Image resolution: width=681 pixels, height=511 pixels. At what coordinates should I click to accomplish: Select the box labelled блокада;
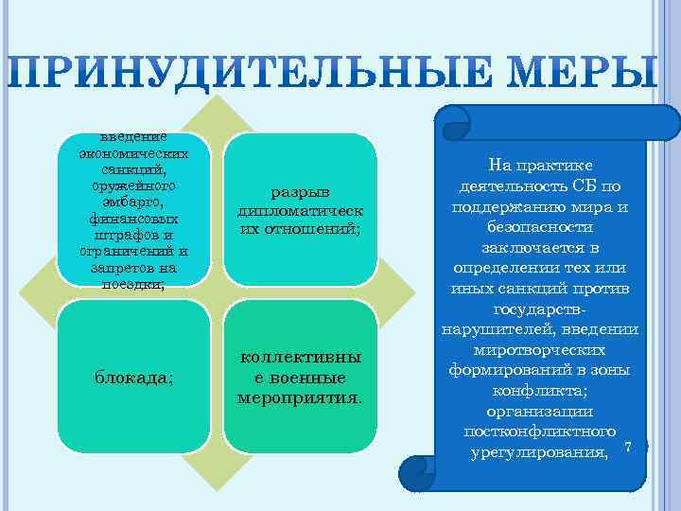133,376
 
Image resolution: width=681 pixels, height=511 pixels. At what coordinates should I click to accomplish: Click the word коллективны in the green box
301,358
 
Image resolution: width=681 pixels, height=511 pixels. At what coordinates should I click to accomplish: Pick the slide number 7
626,446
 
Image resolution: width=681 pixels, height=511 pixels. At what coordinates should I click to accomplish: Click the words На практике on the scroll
541,164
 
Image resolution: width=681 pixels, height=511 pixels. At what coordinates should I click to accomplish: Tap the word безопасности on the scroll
541,227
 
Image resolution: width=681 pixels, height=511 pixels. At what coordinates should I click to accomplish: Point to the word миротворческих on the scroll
541,349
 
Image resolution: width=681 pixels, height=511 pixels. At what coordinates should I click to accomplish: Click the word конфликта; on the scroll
541,391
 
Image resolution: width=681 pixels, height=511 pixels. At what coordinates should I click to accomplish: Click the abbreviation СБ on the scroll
584,185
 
